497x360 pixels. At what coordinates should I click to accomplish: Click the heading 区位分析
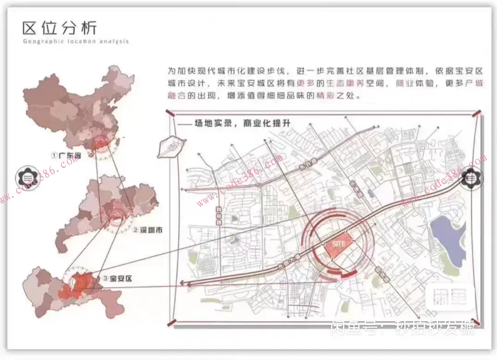(x=60, y=28)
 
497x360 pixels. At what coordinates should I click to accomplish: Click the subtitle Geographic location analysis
(x=75, y=42)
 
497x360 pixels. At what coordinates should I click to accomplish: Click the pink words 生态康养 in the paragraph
(x=333, y=84)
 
